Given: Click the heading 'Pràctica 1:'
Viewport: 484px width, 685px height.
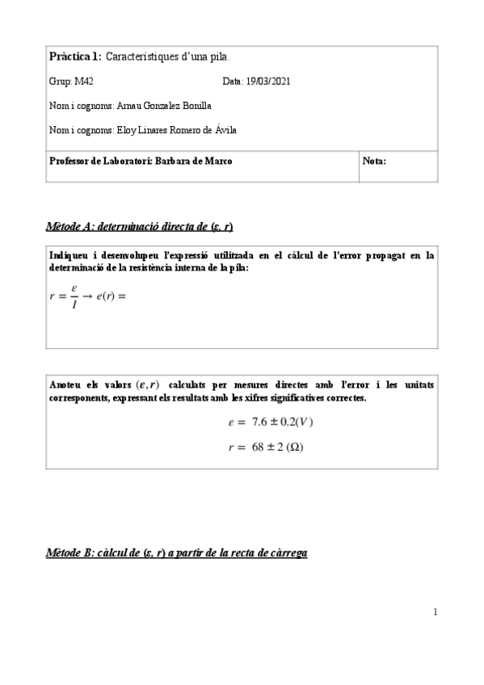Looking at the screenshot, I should pos(75,57).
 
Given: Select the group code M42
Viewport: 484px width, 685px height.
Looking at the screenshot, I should pos(83,82).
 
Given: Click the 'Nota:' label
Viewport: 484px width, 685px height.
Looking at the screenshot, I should pos(374,161).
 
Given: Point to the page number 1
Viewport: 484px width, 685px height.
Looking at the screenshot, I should pos(435,611).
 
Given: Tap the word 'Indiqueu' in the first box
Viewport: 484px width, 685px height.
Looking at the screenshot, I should pos(69,255).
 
